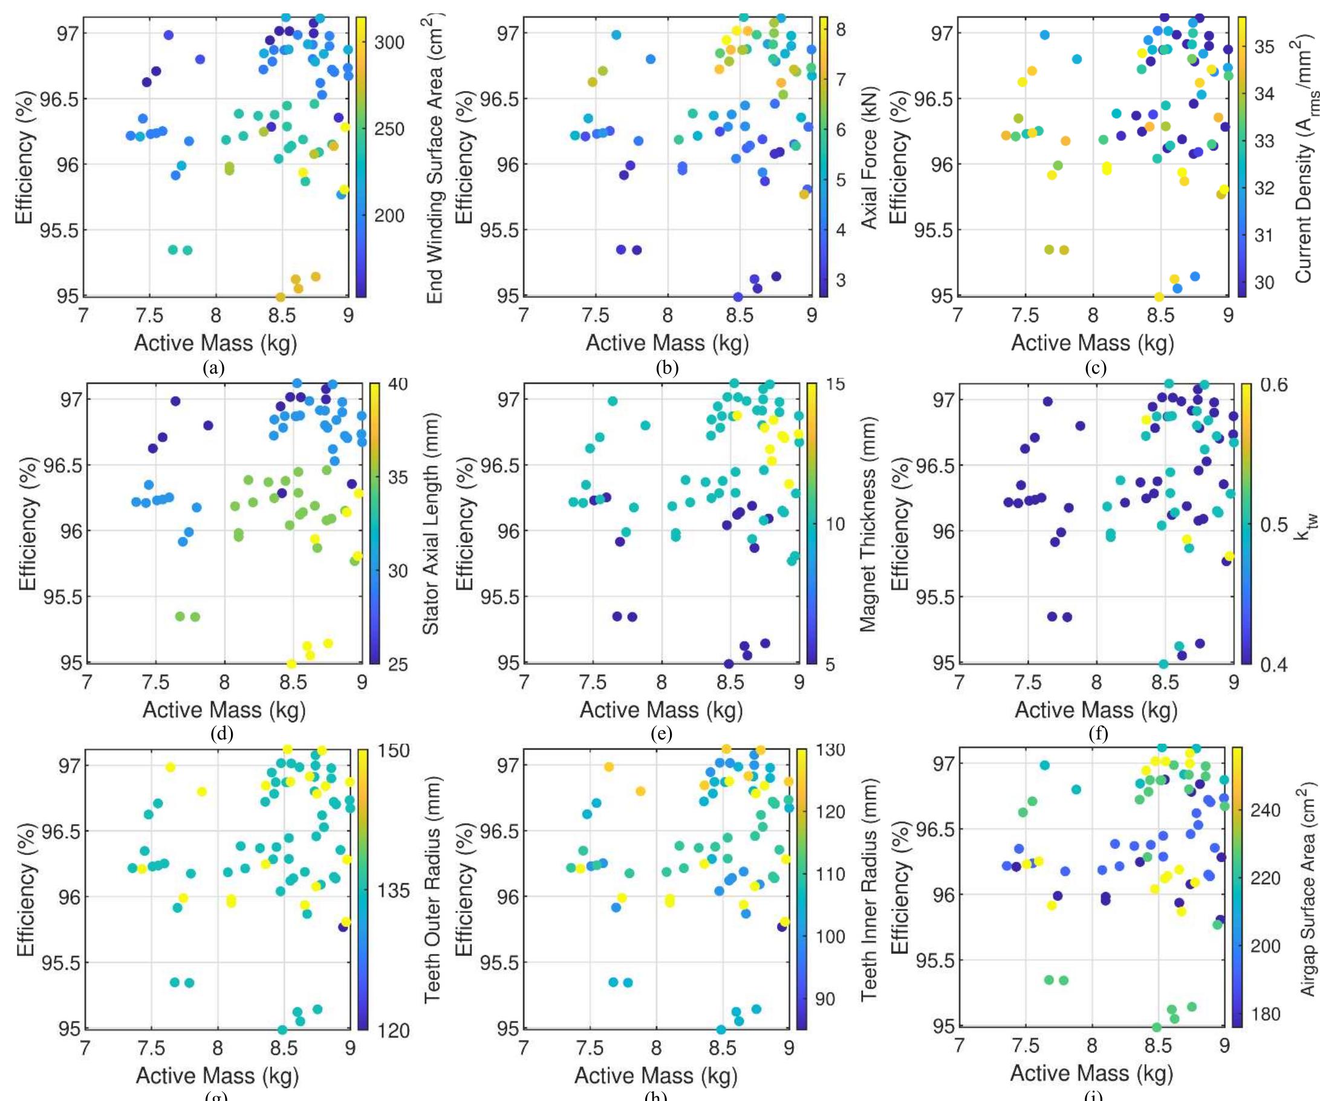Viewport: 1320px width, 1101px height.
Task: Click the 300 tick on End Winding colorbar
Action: coord(390,42)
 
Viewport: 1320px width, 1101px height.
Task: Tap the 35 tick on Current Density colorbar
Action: coord(1264,47)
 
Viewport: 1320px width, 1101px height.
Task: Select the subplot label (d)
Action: coord(223,733)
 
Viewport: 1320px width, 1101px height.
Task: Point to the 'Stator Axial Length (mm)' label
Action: coord(430,523)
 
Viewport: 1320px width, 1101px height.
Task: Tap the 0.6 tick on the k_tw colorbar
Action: coord(1273,384)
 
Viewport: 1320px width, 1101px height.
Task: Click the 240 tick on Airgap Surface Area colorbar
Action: coord(1266,810)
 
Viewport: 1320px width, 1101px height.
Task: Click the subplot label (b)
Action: coord(666,367)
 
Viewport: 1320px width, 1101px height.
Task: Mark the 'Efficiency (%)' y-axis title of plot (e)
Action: coord(464,523)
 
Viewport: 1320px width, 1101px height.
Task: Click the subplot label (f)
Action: coord(1097,733)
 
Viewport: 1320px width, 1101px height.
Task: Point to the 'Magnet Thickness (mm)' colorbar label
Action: coord(868,523)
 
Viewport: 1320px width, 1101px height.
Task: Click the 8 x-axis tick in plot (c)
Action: coord(1093,315)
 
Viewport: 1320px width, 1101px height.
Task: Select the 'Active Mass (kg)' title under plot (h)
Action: coord(655,1076)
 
